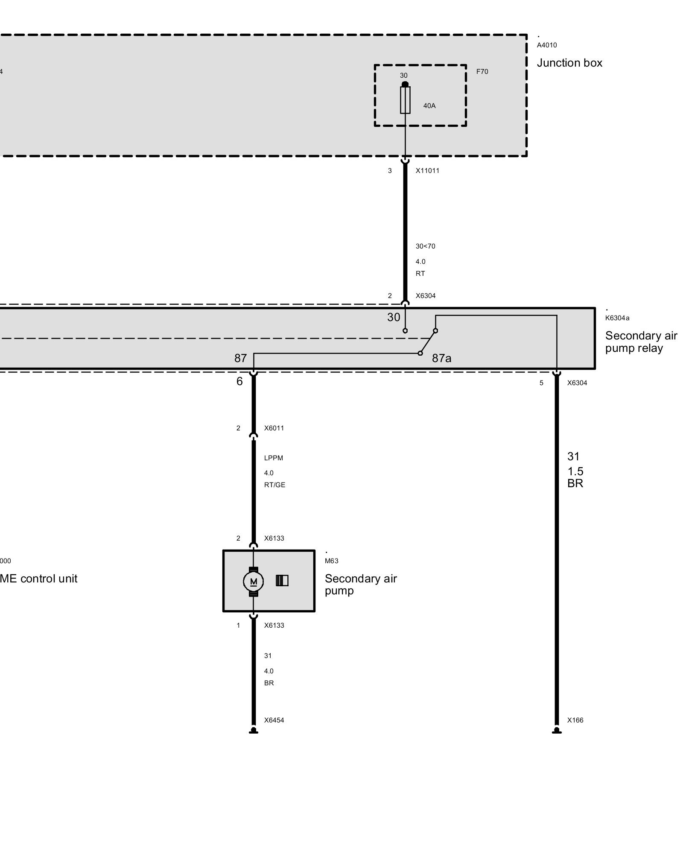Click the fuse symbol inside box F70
point(405,100)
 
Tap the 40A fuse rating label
point(429,106)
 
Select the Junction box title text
point(569,63)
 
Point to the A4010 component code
point(547,45)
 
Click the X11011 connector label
point(427,171)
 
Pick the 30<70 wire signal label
point(425,246)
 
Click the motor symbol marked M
point(254,581)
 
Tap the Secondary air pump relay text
point(641,342)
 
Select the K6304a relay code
point(617,318)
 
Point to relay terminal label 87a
point(441,358)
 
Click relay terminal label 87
point(240,358)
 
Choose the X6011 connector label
point(274,428)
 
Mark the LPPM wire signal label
point(273,458)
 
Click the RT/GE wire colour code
point(274,485)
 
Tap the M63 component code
point(331,561)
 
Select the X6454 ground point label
point(274,720)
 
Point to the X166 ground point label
point(575,720)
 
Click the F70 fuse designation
point(482,72)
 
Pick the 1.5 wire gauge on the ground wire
point(575,471)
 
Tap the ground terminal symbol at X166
point(556,731)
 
